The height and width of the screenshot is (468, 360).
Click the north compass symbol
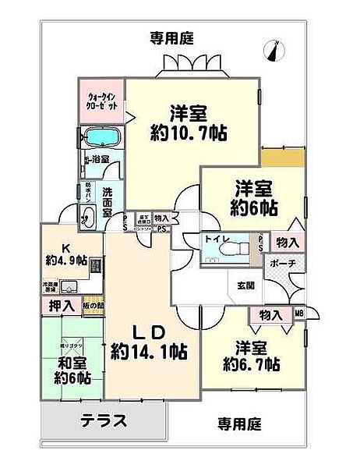tap(273, 50)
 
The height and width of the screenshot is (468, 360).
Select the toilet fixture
tap(233, 248)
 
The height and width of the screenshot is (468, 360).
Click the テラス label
tap(104, 421)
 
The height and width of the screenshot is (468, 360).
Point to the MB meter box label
tap(298, 314)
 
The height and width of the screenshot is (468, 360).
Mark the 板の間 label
tap(90, 305)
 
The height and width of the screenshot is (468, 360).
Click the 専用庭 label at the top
tap(171, 37)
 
